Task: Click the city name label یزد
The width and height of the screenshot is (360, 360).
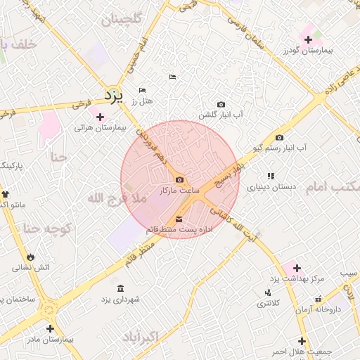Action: click(112, 94)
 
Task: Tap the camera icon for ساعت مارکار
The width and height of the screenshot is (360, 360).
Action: click(179, 180)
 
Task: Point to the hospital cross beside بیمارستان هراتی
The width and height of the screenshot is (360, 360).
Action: click(100, 117)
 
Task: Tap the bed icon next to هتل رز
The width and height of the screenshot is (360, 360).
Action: click(143, 91)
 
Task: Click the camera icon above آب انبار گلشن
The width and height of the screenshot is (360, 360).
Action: click(221, 104)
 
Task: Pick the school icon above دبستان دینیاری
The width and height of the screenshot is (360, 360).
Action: click(270, 176)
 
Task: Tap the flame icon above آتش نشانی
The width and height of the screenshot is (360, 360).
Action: click(30, 256)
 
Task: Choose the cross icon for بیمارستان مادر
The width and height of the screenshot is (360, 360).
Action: click(50, 328)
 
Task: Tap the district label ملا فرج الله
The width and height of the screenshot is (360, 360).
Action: click(117, 199)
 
